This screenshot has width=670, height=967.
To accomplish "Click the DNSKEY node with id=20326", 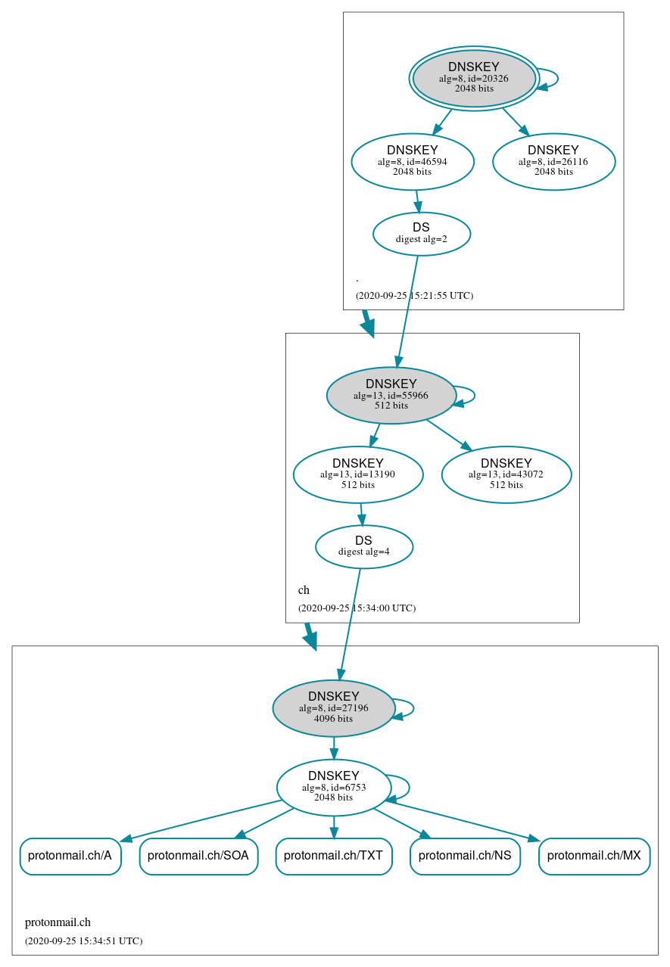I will [474, 78].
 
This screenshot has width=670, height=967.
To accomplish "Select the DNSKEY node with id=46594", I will [413, 161].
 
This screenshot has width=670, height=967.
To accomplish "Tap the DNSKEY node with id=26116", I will [553, 161].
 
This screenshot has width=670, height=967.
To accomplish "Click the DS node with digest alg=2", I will [422, 234].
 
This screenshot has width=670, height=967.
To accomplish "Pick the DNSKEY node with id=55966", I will [391, 395].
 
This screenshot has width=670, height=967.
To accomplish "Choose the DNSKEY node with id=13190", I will [358, 474].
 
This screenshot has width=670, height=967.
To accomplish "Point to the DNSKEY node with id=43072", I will [506, 474].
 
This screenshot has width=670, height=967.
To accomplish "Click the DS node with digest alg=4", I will [364, 546].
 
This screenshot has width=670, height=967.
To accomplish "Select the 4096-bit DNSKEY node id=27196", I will [334, 707].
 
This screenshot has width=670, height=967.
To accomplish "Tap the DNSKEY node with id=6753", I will [334, 787].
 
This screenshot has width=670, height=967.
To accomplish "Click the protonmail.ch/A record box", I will [70, 856].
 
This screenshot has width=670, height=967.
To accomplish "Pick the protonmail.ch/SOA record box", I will [198, 856].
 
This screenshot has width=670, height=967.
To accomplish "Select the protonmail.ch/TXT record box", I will [334, 856].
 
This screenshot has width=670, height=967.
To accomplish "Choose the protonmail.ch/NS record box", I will [465, 856].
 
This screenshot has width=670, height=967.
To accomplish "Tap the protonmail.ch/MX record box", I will [594, 856].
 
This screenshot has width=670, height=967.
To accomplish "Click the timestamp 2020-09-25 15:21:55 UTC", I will [414, 295].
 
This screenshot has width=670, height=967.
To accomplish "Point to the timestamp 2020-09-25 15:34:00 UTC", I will [357, 608].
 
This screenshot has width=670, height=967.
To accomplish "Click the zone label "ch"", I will [304, 590].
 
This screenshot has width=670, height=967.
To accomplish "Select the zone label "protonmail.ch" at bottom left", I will [58, 922].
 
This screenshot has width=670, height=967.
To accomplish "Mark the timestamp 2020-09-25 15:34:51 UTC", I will [83, 941].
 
